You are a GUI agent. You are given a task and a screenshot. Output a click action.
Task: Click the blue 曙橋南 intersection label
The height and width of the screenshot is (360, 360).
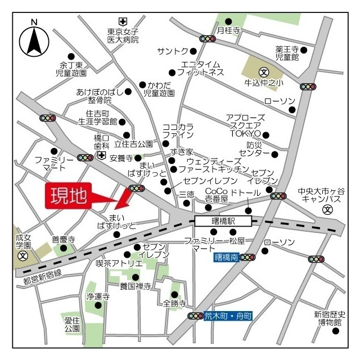(x=226, y=258)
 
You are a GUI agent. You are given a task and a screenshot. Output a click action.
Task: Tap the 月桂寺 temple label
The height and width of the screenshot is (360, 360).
(x=229, y=30)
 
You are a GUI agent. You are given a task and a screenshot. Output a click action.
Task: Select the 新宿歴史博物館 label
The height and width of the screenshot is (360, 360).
(x=331, y=318)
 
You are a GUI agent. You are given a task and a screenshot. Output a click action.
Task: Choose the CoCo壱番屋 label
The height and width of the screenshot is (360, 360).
(x=216, y=196)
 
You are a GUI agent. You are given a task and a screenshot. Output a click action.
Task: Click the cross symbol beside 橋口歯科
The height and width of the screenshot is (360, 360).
(x=101, y=155)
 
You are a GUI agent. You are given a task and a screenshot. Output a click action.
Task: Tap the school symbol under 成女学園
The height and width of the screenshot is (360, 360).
(x=23, y=255)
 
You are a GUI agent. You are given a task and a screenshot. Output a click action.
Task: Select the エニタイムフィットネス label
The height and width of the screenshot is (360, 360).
(x=200, y=68)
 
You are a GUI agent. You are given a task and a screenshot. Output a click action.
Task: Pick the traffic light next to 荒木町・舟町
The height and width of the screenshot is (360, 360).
(x=195, y=316)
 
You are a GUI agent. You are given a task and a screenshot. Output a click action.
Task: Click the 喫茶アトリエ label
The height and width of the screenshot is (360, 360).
(x=119, y=263)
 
